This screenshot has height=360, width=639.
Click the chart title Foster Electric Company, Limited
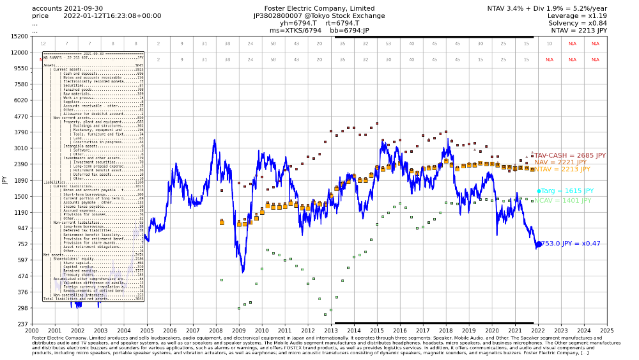coord(314,8)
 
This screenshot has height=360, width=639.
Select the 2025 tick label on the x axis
coord(606,331)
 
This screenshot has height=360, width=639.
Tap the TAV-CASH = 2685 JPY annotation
coord(569,155)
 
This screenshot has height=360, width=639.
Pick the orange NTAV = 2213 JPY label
coord(562,169)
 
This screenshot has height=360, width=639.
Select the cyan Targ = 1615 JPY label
coord(567,191)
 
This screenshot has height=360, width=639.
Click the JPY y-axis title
coord(4,180)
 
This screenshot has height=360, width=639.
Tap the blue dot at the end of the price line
coord(539,244)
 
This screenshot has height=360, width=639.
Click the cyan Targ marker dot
coord(539,191)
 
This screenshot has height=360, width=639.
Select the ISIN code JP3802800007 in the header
coord(282,15)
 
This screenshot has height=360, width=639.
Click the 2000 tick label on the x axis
coord(32,331)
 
